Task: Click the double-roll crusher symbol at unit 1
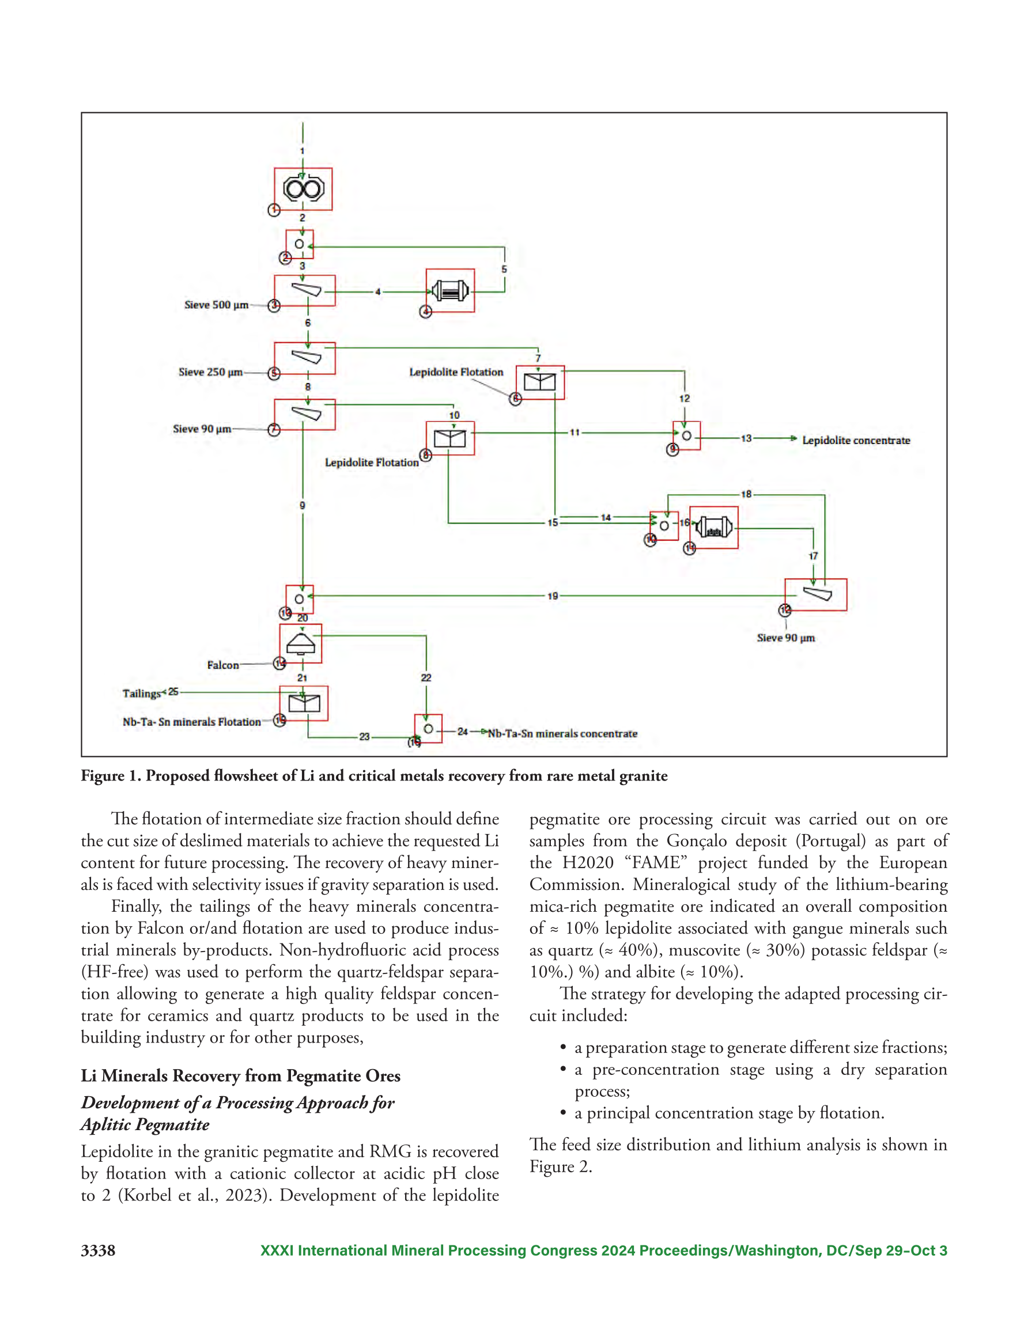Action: pyautogui.click(x=304, y=189)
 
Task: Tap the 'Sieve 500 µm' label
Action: pyautogui.click(x=216, y=305)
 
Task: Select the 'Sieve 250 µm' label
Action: pyautogui.click(x=210, y=372)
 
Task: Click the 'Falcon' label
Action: pyautogui.click(x=223, y=665)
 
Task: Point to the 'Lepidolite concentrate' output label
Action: pyautogui.click(x=856, y=440)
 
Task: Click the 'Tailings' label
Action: pyautogui.click(x=141, y=694)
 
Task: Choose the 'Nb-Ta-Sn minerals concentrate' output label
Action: pyautogui.click(x=562, y=734)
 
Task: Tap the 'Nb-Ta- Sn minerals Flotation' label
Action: pyautogui.click(x=191, y=722)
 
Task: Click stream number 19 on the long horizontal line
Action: pyautogui.click(x=553, y=596)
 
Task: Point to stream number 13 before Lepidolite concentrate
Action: pyautogui.click(x=746, y=438)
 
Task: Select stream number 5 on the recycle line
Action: pyautogui.click(x=504, y=269)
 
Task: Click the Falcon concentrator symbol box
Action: pyautogui.click(x=300, y=643)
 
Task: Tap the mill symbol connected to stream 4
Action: pyautogui.click(x=450, y=290)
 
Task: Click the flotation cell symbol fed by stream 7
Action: pyautogui.click(x=540, y=382)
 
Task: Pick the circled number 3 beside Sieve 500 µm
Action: pyautogui.click(x=274, y=306)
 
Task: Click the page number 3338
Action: pyautogui.click(x=98, y=1251)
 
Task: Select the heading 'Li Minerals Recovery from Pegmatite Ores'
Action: pyautogui.click(x=241, y=1076)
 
